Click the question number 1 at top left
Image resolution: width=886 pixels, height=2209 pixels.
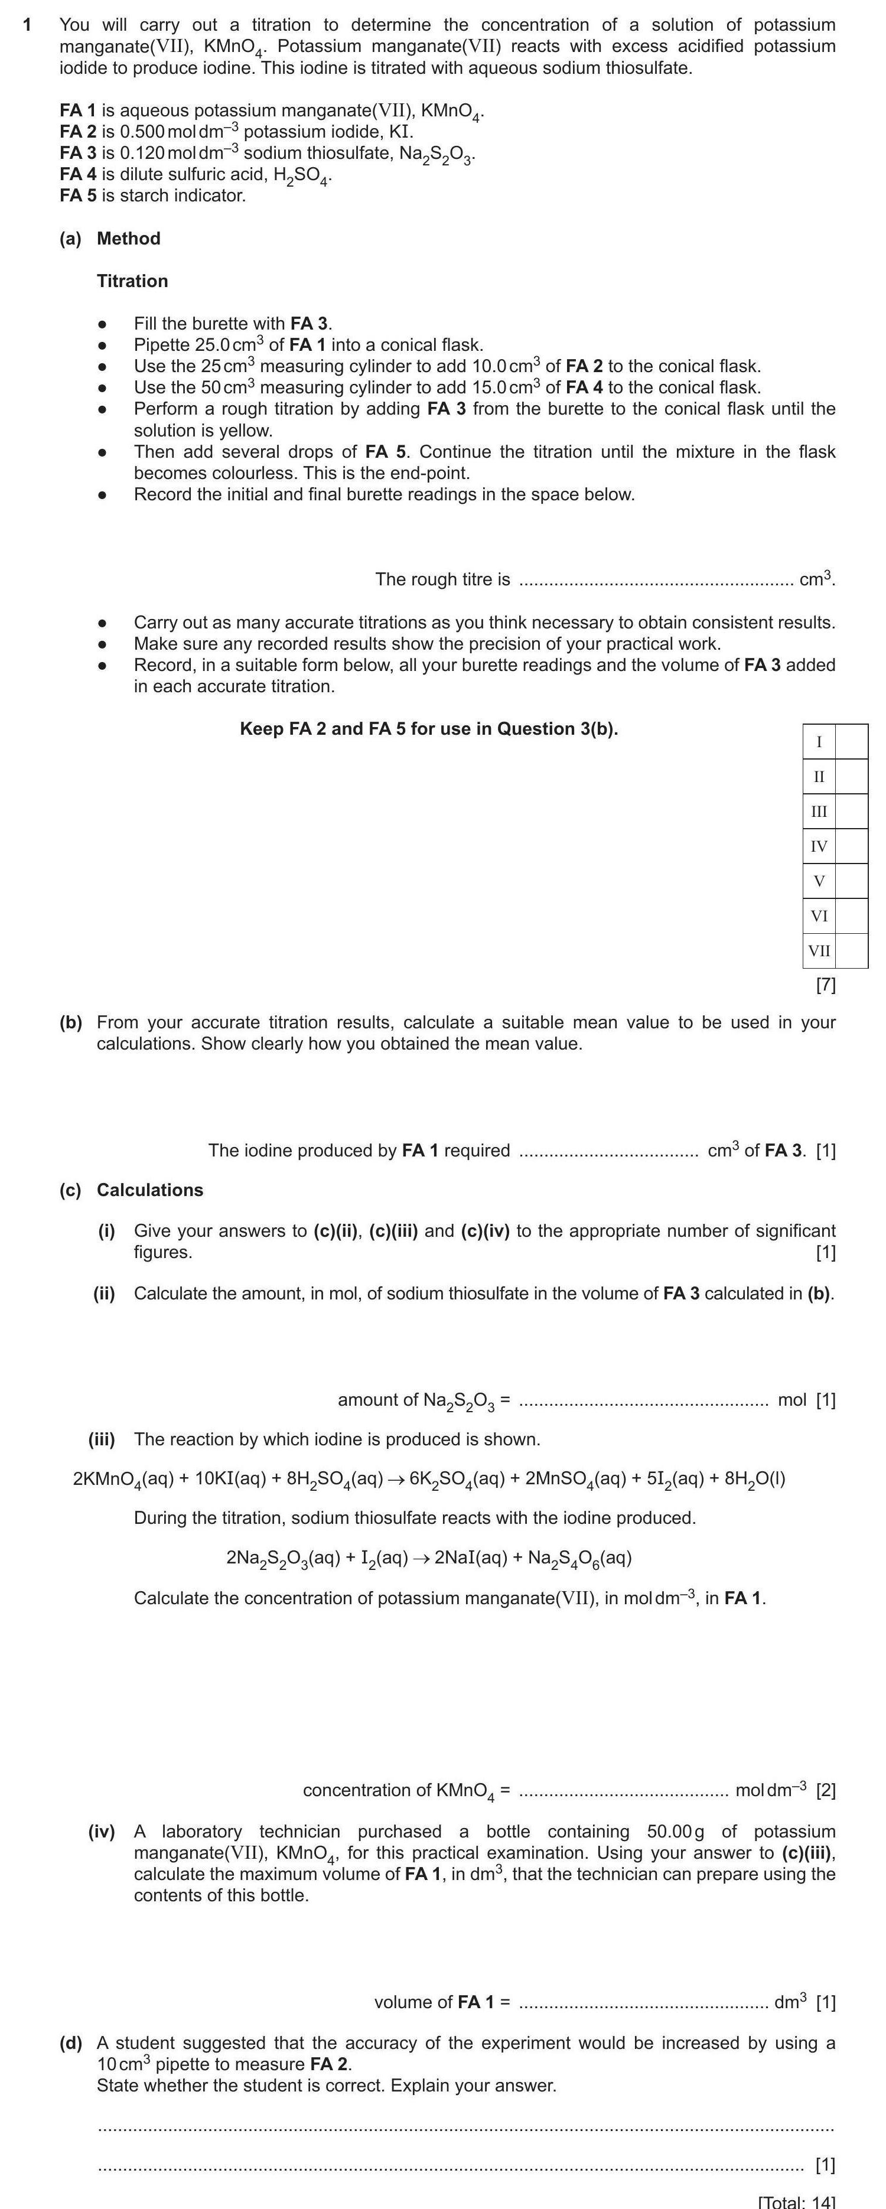point(27,25)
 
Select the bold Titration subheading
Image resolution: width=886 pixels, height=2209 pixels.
point(132,281)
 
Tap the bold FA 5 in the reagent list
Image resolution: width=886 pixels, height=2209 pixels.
point(78,196)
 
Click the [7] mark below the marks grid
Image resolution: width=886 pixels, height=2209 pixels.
point(825,985)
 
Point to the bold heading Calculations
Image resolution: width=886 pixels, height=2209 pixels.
point(149,1190)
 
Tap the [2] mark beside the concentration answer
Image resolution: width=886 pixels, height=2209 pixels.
point(825,1790)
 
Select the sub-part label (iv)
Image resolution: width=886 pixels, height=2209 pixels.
point(102,1832)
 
